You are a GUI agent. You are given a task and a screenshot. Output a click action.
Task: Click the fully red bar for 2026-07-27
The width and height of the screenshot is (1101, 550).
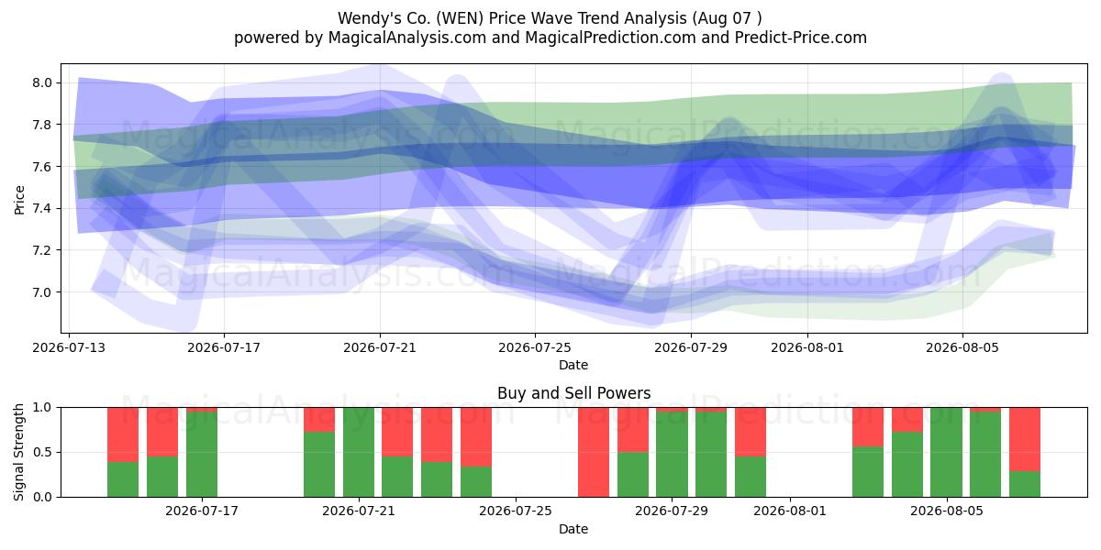click(594, 452)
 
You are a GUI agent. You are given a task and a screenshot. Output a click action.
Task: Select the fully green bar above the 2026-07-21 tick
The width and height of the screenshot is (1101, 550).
click(359, 452)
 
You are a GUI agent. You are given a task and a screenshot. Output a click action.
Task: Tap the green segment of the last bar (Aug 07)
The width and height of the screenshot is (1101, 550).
click(1025, 484)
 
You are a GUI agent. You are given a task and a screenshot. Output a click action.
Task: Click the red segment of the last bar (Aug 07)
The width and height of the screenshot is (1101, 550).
click(1025, 439)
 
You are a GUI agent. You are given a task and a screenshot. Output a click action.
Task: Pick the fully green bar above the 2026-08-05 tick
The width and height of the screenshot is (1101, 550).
click(946, 452)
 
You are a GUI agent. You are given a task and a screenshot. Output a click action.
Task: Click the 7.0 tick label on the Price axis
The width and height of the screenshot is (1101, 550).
click(42, 292)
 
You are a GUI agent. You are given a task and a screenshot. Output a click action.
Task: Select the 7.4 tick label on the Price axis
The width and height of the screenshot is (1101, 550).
click(42, 208)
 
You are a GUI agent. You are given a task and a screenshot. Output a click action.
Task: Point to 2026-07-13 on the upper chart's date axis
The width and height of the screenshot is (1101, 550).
click(69, 347)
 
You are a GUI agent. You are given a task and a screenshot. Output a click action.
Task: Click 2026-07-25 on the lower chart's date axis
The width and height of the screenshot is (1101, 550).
click(515, 511)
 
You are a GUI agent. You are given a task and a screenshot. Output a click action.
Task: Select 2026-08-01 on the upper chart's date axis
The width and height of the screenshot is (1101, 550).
click(807, 347)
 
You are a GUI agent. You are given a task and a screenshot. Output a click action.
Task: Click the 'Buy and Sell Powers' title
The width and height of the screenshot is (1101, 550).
click(573, 393)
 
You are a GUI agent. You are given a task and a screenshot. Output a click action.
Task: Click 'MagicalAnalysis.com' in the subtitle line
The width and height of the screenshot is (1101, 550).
click(407, 38)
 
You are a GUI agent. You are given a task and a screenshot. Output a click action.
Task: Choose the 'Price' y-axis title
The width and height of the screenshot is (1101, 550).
click(19, 200)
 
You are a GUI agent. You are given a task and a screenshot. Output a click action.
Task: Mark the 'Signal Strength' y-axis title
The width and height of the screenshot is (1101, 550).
click(19, 452)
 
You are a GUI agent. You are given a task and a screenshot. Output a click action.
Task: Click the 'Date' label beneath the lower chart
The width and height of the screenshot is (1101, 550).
click(573, 529)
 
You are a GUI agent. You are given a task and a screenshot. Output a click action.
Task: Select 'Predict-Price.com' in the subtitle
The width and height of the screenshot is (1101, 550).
click(801, 38)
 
